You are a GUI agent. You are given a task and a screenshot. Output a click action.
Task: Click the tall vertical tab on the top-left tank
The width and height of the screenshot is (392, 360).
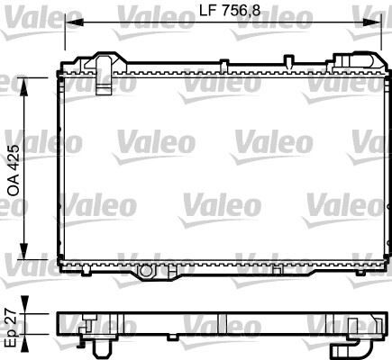pyautogui.click(x=104, y=67)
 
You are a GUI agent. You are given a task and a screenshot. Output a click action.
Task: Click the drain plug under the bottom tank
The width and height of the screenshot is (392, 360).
pyautogui.click(x=147, y=269)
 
